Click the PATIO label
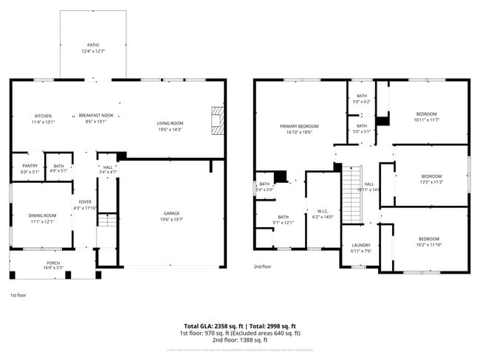(x=93, y=46)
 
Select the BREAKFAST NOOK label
(x=97, y=115)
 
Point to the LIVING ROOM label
(x=169, y=123)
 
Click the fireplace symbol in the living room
(x=216, y=121)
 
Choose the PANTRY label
(x=30, y=166)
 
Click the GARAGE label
(x=171, y=213)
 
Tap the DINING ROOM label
(x=42, y=215)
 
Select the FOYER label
(x=86, y=201)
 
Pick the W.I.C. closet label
(x=323, y=211)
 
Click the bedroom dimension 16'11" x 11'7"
(x=427, y=119)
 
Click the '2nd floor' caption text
(x=262, y=266)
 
